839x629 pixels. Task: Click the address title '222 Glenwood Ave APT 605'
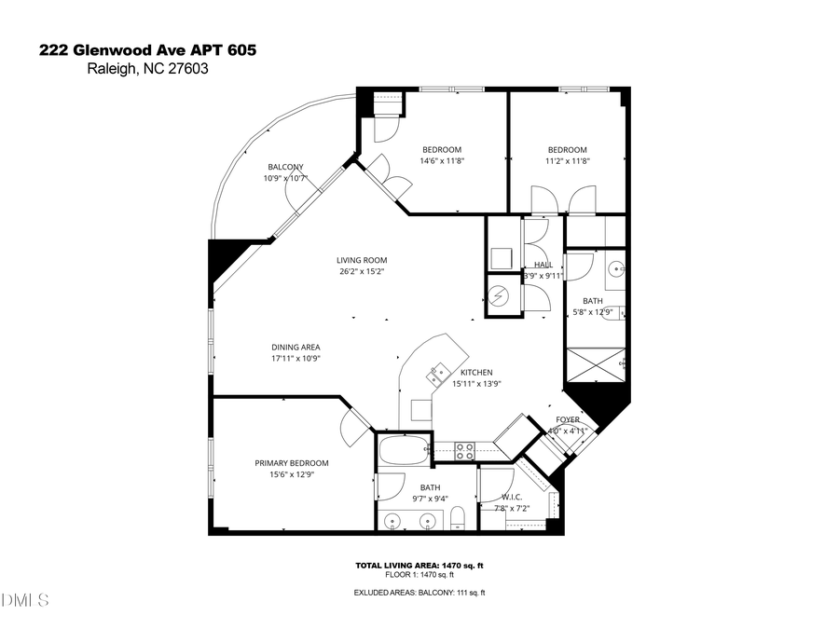[146, 50]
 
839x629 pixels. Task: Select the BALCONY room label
[285, 167]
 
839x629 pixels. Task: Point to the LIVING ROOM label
[362, 260]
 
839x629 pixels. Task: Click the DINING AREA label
[296, 347]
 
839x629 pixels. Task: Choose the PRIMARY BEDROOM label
[292, 462]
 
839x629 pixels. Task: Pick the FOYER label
[568, 419]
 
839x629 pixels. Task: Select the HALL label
[543, 264]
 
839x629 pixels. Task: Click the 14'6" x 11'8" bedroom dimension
[442, 160]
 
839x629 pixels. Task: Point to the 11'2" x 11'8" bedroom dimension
[567, 160]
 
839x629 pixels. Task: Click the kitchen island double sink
[438, 376]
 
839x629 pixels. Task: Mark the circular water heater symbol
[498, 295]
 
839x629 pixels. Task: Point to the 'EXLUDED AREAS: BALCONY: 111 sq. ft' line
[419, 593]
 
